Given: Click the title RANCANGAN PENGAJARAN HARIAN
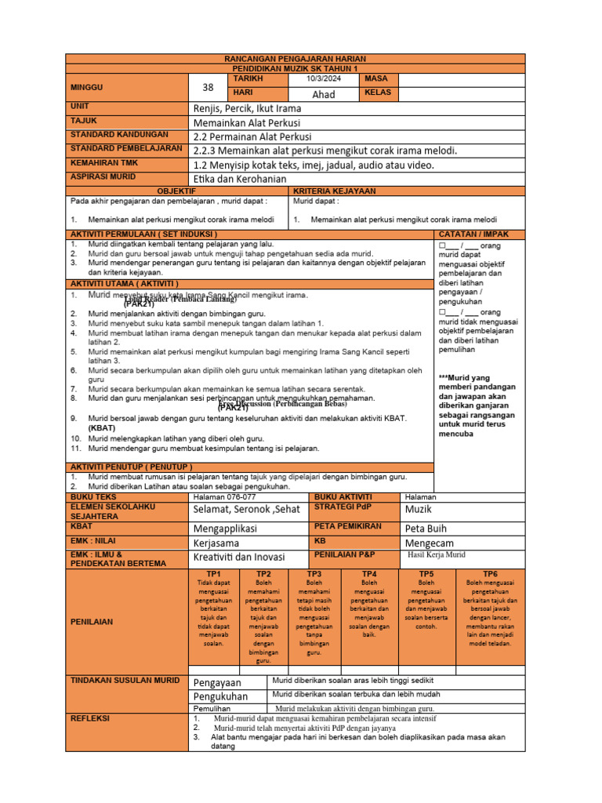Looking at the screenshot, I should [x=296, y=60].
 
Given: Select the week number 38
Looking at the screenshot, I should [x=208, y=88].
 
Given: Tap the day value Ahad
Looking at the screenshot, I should [x=324, y=94].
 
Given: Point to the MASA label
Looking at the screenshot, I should [x=377, y=80].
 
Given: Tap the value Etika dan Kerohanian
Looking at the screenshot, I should [x=239, y=179].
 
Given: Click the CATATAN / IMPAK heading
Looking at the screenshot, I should [x=474, y=234].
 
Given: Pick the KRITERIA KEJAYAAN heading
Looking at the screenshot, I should [x=334, y=191].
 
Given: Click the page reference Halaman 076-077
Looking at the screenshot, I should [x=224, y=497].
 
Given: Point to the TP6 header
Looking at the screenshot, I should [x=490, y=574].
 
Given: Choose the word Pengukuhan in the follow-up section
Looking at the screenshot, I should [x=220, y=696].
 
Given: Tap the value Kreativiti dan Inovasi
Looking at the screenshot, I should [x=239, y=558].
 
